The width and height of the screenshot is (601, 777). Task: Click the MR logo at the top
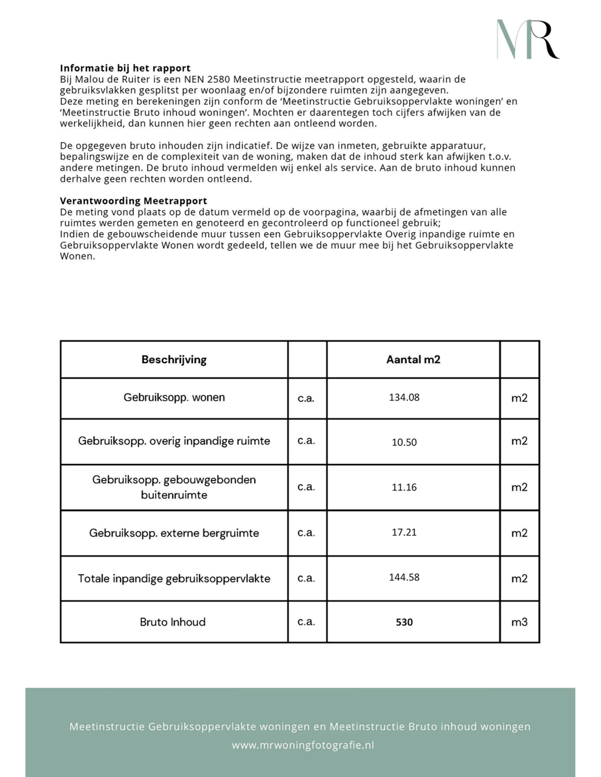click(528, 39)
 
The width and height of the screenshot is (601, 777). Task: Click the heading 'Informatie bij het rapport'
click(125, 68)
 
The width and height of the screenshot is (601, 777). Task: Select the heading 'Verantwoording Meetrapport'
click(133, 201)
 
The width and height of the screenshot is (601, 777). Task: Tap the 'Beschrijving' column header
click(174, 359)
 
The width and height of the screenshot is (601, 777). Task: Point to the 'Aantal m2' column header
click(413, 359)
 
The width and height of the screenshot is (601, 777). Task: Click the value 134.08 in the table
click(404, 397)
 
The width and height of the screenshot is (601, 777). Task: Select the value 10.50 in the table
click(404, 442)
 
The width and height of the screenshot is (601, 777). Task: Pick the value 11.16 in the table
click(404, 487)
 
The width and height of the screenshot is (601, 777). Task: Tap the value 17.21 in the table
click(404, 532)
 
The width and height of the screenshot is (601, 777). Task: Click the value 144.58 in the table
click(404, 577)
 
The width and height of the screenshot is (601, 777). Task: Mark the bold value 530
click(404, 622)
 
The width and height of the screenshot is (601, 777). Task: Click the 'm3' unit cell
click(519, 622)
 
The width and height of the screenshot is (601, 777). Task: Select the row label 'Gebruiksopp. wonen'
click(174, 397)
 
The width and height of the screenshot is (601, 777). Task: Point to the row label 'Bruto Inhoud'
click(173, 622)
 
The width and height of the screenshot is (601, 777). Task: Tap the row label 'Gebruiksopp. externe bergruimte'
click(174, 533)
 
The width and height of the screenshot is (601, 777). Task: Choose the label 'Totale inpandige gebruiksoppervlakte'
click(174, 578)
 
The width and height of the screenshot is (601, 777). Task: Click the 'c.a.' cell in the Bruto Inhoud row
click(306, 622)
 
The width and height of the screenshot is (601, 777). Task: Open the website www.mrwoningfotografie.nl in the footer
click(303, 745)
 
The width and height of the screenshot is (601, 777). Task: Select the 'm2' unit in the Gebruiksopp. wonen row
click(519, 398)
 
